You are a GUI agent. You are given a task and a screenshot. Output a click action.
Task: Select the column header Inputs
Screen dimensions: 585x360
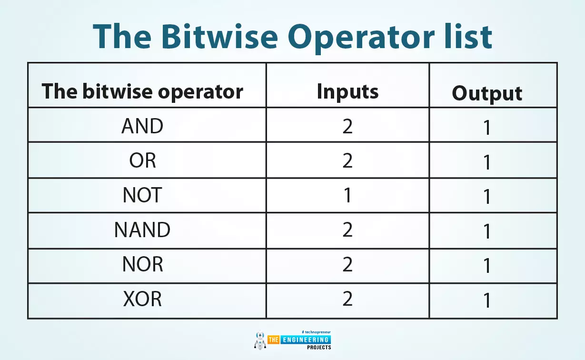[347, 92]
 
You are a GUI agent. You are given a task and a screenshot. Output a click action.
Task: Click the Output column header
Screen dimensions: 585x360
[487, 93]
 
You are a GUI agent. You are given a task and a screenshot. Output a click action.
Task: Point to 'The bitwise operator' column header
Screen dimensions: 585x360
[142, 92]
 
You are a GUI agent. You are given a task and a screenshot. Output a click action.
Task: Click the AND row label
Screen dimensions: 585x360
[142, 126]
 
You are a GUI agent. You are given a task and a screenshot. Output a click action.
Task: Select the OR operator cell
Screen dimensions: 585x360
[143, 160]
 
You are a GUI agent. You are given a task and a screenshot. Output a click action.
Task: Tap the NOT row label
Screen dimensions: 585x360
[142, 195]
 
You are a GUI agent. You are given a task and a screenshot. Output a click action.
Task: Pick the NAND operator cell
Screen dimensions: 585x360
[142, 230]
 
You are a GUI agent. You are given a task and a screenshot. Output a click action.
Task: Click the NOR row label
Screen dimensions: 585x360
[143, 264]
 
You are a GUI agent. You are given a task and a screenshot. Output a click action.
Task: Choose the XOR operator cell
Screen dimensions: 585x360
[142, 299]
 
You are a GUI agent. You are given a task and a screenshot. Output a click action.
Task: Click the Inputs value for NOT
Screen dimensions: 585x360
[347, 195]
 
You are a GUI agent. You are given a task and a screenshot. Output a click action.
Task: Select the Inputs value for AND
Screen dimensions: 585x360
[347, 126]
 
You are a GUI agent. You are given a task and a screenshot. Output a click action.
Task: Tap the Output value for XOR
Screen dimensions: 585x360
[487, 300]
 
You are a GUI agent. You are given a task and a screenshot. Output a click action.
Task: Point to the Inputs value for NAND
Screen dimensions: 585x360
[347, 230]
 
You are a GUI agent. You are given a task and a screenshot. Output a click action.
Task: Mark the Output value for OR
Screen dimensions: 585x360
[487, 162]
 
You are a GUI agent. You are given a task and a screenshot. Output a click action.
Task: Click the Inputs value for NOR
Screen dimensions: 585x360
[347, 264]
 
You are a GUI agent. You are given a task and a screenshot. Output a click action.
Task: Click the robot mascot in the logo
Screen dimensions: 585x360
[260, 340]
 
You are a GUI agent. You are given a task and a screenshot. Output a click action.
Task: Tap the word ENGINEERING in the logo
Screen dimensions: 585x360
[306, 340]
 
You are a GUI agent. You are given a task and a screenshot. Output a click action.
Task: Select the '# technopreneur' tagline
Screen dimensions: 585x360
[316, 332]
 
